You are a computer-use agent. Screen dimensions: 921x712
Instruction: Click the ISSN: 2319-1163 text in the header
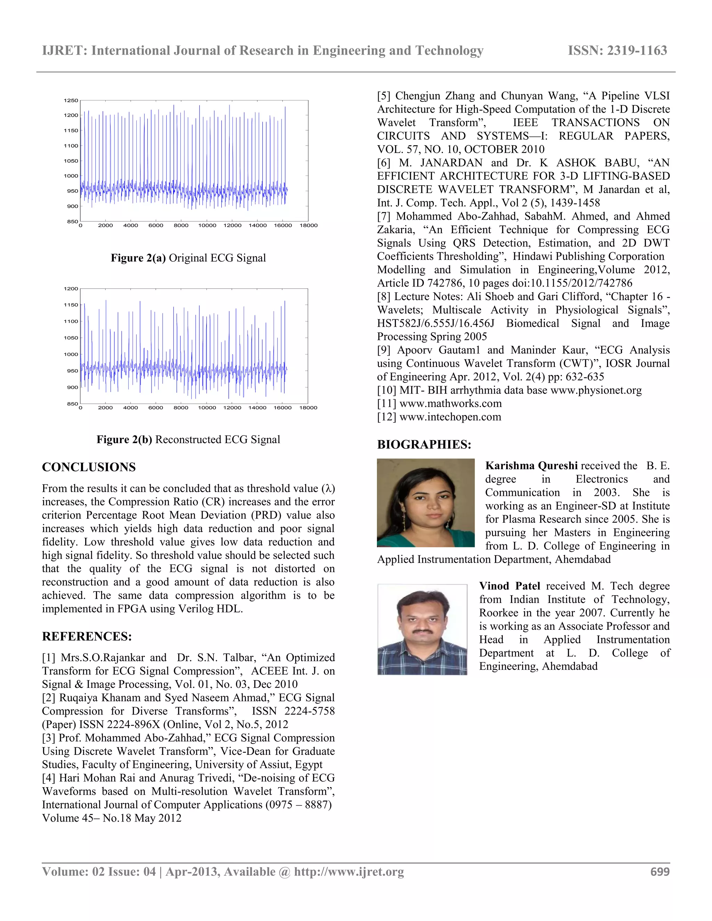(x=617, y=51)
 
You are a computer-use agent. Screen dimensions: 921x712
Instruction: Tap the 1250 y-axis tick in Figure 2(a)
(x=71, y=100)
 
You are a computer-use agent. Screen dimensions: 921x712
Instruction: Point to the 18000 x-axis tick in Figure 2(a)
(x=308, y=226)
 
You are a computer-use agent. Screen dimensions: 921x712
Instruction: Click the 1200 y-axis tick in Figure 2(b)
(x=71, y=289)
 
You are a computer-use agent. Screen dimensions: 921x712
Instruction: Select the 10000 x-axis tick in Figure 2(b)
(x=207, y=408)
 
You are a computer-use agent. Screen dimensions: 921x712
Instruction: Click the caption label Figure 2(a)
(x=138, y=258)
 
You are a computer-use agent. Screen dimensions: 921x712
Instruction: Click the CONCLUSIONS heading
(x=89, y=467)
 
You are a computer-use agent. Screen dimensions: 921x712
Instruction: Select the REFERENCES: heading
(x=87, y=636)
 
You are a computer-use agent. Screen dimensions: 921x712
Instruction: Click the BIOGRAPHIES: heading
(x=424, y=445)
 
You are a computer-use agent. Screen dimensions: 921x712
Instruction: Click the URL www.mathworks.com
(x=451, y=404)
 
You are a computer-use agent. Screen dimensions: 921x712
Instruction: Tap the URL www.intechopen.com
(x=450, y=417)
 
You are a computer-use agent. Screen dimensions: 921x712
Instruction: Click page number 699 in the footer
(x=660, y=872)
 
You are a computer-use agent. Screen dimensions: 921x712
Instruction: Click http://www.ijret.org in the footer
(x=349, y=872)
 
